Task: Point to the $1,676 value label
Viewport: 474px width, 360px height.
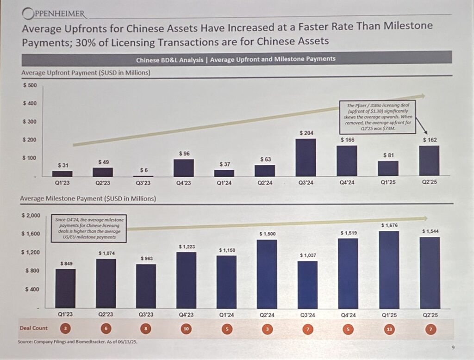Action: point(389,225)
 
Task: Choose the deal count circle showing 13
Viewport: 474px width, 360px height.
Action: point(389,328)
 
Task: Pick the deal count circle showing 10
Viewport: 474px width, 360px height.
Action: point(186,328)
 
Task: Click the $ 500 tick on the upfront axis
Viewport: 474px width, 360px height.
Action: point(30,86)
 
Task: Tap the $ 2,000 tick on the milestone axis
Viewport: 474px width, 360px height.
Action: point(31,216)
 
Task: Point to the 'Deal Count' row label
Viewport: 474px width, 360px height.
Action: point(33,328)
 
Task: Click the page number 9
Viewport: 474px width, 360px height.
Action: point(452,348)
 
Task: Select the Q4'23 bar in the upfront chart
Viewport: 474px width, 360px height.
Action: point(183,168)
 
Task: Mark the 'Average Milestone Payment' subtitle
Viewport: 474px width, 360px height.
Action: point(88,199)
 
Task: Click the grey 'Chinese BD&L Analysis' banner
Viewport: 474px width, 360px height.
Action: point(236,59)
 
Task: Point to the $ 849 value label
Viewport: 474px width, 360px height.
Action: point(66,263)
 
